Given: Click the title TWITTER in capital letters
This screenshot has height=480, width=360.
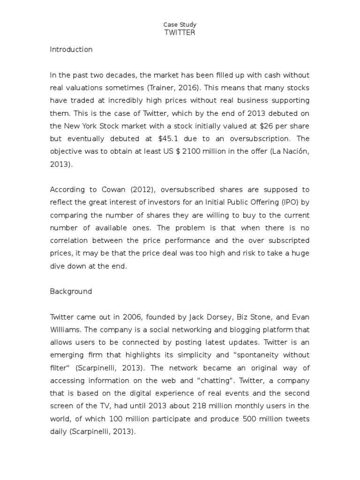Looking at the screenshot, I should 180,32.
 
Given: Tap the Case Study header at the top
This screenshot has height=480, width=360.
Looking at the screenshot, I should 180,24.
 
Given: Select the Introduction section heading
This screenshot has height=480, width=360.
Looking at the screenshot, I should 71,49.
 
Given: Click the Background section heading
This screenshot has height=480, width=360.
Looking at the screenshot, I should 71,291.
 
